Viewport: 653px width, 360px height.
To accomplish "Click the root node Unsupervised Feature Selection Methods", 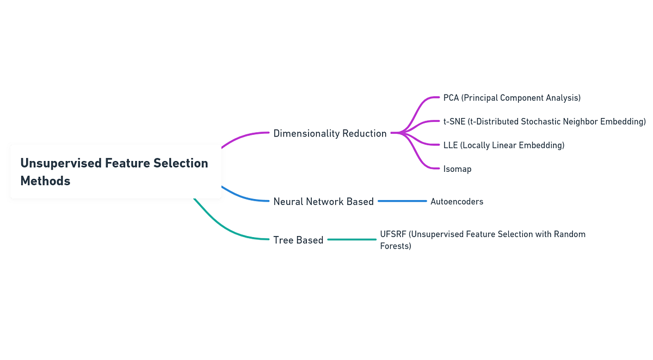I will [115, 171].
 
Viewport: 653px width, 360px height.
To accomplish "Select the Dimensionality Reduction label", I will [330, 133].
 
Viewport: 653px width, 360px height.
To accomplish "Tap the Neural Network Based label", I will [323, 201].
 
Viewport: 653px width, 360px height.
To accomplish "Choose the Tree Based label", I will [298, 240].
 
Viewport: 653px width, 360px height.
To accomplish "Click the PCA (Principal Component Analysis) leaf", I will [512, 98].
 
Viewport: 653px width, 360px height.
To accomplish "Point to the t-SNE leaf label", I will [544, 121].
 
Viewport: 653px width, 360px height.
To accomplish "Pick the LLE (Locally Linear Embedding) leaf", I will [503, 145].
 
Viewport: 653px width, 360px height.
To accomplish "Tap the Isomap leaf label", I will [457, 169].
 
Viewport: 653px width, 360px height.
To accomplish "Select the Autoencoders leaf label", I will [457, 201].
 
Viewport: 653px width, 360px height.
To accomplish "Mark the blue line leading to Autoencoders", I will [402, 201].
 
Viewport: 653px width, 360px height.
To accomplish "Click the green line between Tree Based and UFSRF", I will [352, 239].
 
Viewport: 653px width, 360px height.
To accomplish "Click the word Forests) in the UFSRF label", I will [396, 246].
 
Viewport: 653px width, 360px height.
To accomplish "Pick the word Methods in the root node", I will [45, 181].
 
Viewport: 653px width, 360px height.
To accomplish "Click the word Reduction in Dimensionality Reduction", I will [364, 133].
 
